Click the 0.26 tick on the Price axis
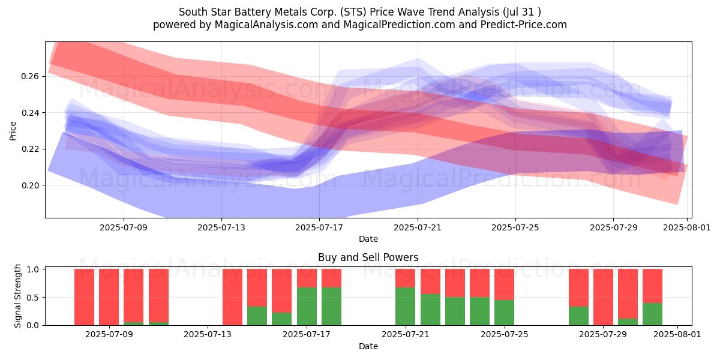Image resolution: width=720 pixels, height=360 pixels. (x=30, y=77)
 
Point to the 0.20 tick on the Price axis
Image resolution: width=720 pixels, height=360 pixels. (x=30, y=185)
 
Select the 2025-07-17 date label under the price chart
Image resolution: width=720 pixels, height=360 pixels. (x=319, y=227)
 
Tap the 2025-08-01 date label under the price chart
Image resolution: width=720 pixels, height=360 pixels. (x=687, y=227)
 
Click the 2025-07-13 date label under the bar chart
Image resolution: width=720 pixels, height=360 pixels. (x=208, y=335)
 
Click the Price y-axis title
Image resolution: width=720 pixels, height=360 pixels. (x=13, y=131)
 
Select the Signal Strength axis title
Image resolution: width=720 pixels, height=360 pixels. (x=17, y=296)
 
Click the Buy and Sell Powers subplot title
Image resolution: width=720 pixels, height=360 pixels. (x=368, y=257)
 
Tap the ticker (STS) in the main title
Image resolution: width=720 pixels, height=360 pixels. (x=353, y=12)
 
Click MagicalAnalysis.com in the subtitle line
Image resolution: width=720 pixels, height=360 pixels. (x=266, y=25)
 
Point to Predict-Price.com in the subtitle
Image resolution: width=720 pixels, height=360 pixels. (x=524, y=25)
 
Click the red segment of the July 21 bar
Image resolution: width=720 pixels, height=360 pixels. (x=406, y=278)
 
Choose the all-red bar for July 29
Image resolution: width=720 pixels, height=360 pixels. (x=603, y=297)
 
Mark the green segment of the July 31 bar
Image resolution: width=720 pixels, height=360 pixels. (x=653, y=314)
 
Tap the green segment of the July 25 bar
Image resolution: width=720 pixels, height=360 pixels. (x=505, y=313)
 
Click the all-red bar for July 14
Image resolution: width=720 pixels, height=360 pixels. (x=232, y=297)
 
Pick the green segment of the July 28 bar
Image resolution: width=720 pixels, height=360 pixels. (x=578, y=316)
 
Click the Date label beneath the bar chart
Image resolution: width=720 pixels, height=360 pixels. (x=368, y=346)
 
